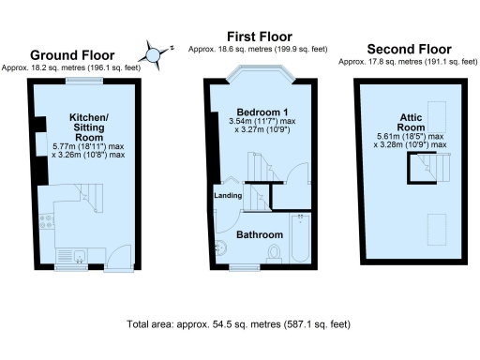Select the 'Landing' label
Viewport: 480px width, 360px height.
[x=230, y=195]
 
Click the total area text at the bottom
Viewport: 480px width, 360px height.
[x=239, y=323]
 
